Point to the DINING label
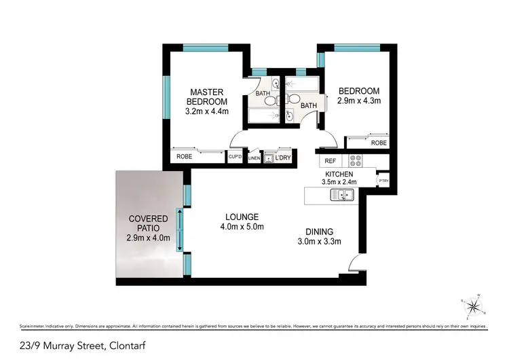318,231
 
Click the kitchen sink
341,196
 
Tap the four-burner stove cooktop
356,161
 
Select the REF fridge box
331,161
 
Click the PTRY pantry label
383,181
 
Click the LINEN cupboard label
254,158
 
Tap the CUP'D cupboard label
236,157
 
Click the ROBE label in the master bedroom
184,157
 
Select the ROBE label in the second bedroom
379,143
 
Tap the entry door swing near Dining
354,265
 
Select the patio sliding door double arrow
180,230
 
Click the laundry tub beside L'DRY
268,158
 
